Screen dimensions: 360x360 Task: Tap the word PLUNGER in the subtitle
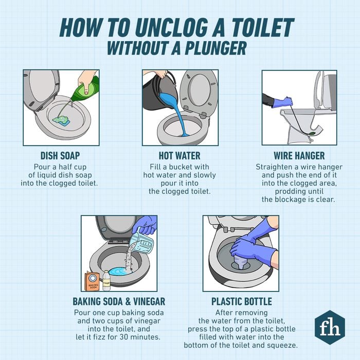tap(210, 47)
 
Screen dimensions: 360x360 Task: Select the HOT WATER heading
tap(179, 155)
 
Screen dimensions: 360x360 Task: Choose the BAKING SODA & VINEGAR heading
tap(119, 301)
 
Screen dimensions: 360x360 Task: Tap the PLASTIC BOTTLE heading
tap(241, 301)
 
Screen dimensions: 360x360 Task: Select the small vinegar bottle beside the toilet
tap(106, 280)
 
